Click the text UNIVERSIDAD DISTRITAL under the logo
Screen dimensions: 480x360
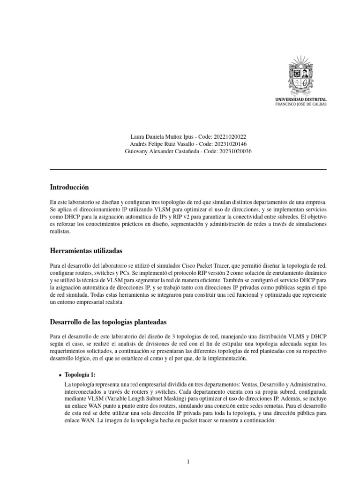click(x=301, y=99)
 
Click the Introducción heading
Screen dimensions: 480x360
click(x=69, y=187)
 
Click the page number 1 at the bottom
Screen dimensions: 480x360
click(x=188, y=449)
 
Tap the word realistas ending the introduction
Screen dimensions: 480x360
click(x=60, y=232)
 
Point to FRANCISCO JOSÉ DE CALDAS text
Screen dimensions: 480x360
click(x=301, y=105)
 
